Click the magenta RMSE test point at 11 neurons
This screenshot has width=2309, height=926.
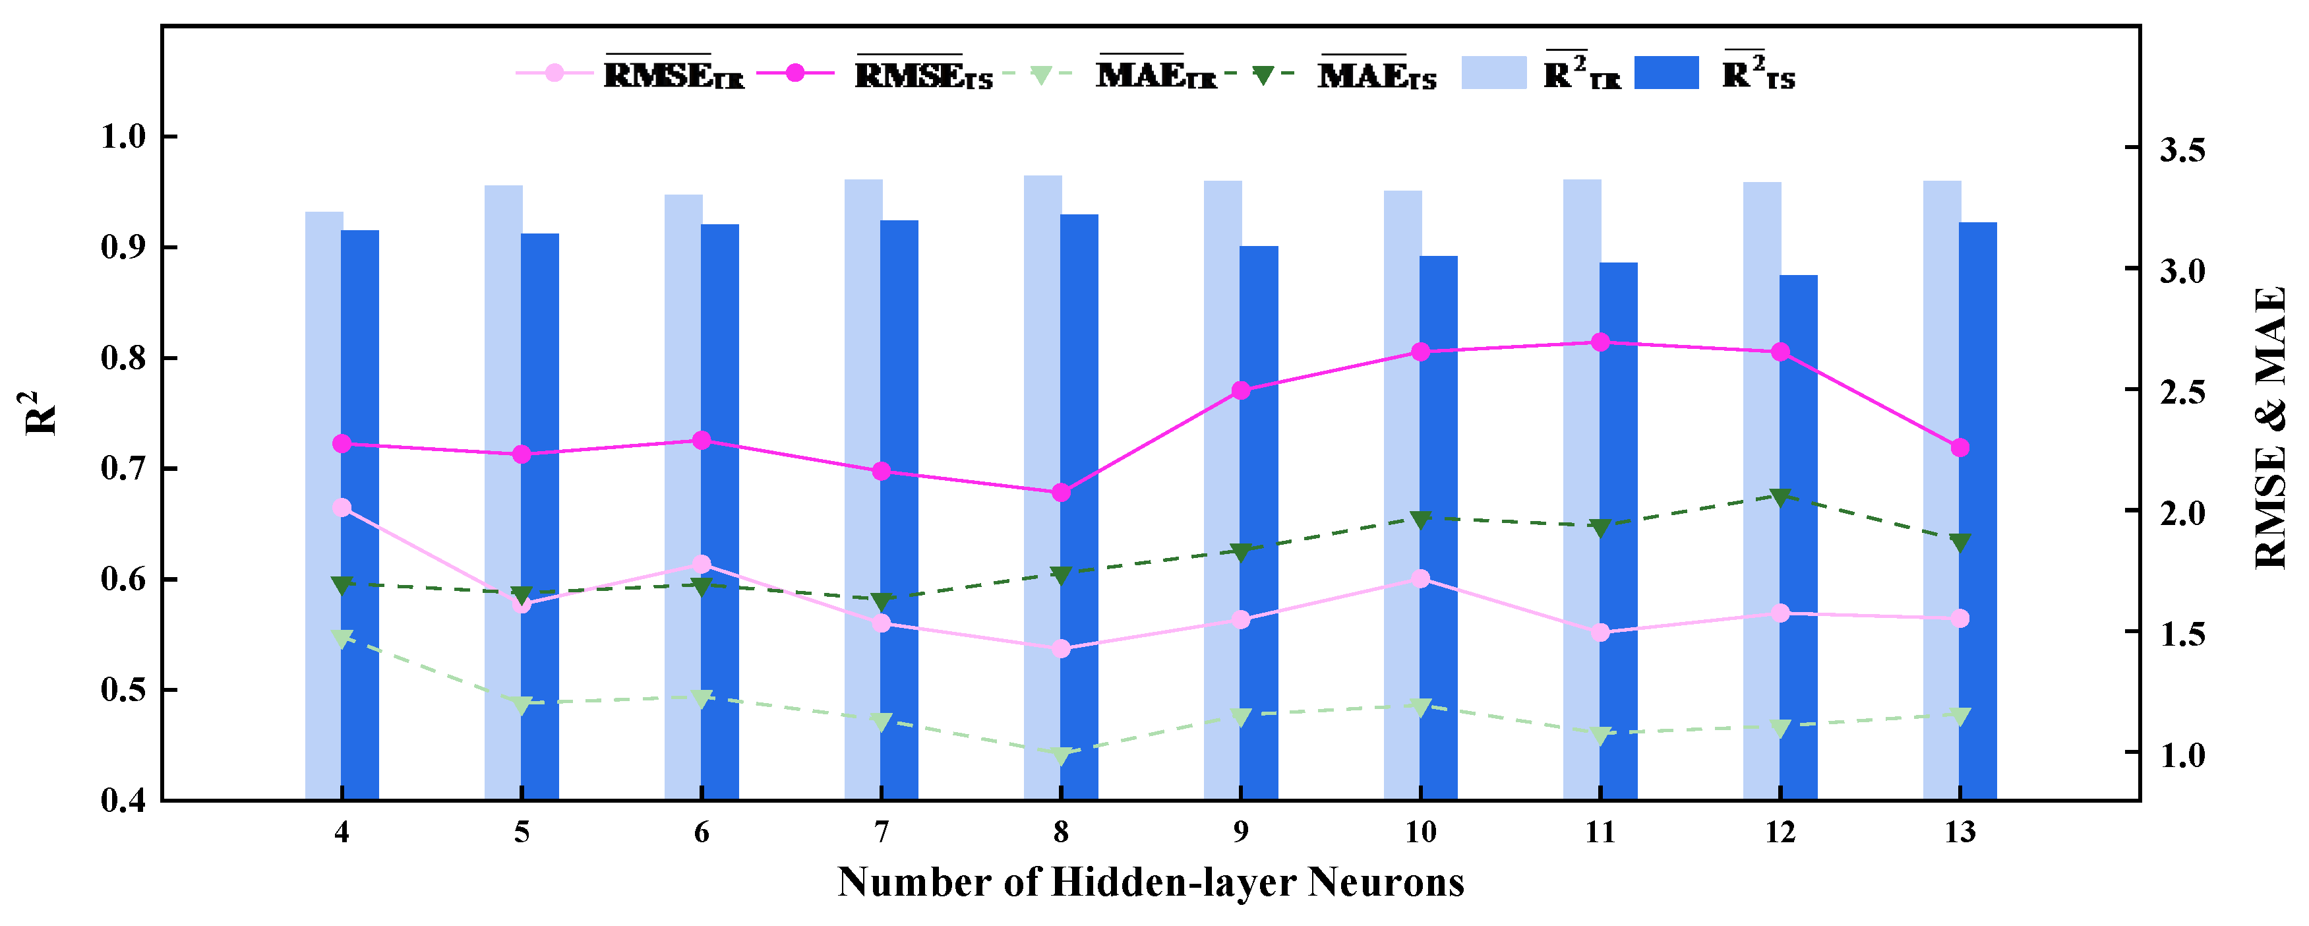(1600, 342)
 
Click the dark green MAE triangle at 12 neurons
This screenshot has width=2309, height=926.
(1780, 497)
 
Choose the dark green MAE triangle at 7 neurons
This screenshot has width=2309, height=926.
(881, 601)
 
